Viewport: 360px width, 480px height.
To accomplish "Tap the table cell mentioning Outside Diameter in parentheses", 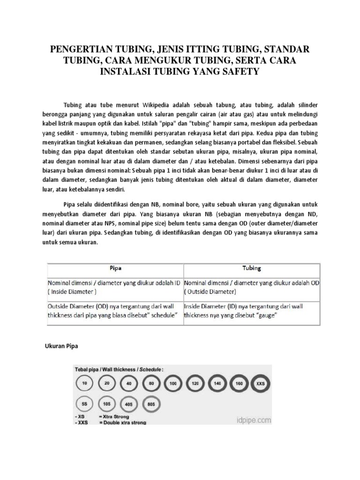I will (x=252, y=287).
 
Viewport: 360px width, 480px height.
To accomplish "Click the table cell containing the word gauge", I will (x=252, y=311).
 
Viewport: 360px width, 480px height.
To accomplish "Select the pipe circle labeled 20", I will (x=107, y=383).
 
